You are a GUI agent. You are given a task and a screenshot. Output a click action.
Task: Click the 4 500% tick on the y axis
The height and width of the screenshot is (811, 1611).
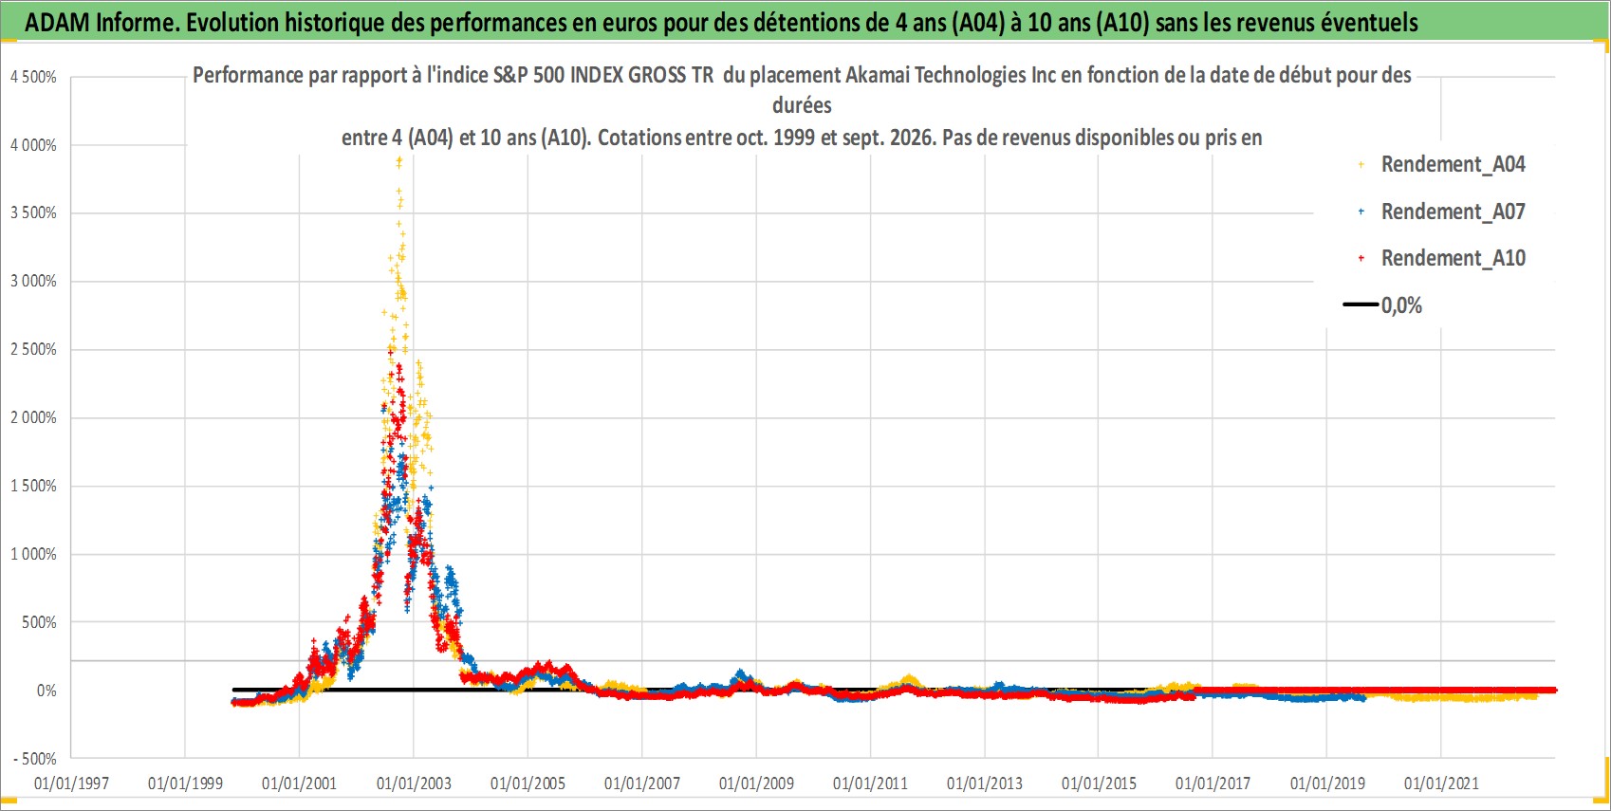(33, 77)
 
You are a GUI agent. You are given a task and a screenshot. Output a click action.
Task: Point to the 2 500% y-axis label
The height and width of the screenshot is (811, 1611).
(33, 349)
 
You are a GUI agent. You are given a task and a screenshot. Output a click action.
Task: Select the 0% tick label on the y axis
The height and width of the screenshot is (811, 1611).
(46, 691)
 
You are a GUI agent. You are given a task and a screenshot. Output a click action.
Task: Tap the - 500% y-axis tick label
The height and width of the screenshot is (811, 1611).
(34, 759)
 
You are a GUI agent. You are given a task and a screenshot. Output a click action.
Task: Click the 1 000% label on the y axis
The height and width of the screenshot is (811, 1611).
(33, 554)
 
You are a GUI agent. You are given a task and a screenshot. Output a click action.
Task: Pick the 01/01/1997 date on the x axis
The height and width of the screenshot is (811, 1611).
(71, 783)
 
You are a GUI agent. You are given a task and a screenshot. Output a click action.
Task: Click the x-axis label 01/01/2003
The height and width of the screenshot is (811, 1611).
(414, 783)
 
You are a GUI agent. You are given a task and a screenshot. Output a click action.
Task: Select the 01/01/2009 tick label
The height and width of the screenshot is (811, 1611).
(756, 783)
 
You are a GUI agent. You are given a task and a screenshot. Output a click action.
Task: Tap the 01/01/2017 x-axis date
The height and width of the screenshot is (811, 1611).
(1213, 783)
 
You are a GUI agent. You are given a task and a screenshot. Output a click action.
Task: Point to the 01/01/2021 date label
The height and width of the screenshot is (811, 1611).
(1441, 783)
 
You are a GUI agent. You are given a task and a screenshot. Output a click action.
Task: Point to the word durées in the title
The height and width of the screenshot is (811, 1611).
(802, 105)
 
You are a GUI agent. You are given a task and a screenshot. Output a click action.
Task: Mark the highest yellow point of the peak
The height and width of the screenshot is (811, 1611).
(399, 162)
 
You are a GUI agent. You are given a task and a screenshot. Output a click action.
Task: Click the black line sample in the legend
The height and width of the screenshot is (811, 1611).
(1361, 304)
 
